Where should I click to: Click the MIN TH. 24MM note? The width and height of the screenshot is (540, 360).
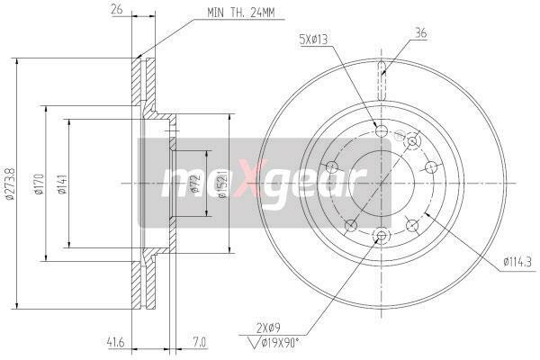(240, 13)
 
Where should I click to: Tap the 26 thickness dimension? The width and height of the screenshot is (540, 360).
(117, 9)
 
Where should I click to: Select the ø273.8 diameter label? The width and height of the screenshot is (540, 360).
(10, 184)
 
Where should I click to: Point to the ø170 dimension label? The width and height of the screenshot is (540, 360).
(39, 184)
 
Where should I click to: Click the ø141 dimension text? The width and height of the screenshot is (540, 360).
(62, 184)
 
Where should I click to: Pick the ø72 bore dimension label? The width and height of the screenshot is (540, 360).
(195, 184)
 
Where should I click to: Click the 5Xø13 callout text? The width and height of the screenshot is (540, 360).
(313, 40)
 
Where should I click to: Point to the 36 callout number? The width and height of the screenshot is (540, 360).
(421, 33)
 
